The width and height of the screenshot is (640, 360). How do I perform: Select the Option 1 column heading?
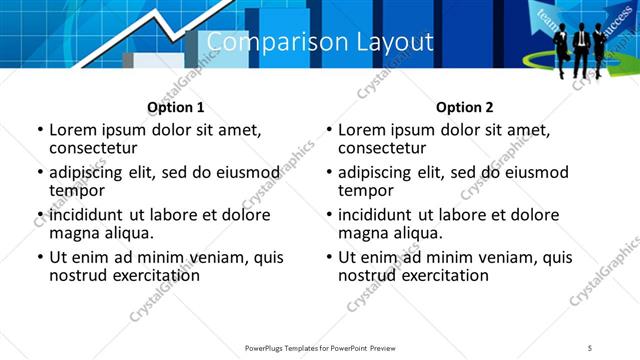click(x=175, y=107)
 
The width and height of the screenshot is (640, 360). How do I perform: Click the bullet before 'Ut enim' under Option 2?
click(x=329, y=257)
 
